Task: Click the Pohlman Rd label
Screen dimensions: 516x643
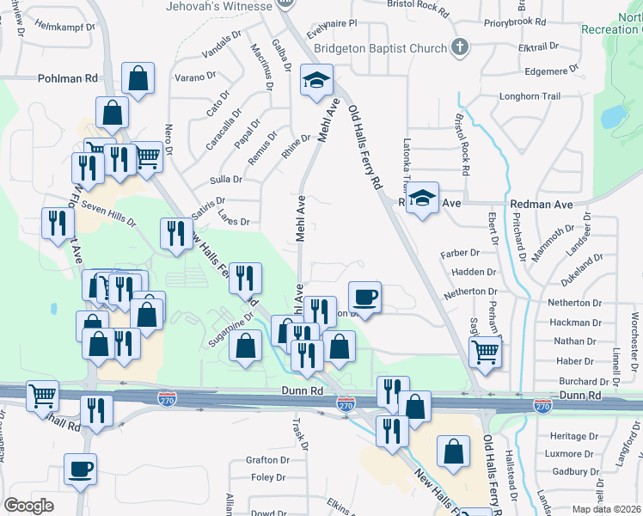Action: point(67,78)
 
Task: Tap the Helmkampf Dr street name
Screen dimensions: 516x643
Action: point(65,27)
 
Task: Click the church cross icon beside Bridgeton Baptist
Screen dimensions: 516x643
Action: point(460,47)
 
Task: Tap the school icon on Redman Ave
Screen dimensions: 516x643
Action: point(422,199)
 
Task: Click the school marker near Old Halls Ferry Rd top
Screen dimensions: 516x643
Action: point(316,81)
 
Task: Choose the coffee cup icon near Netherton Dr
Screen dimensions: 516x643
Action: point(365,298)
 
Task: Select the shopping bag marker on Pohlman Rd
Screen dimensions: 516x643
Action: point(138,78)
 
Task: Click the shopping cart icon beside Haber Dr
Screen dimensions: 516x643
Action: point(486,351)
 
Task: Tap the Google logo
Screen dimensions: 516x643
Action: point(28,506)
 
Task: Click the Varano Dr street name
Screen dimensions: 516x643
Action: point(198,77)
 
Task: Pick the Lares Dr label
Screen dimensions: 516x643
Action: point(234,221)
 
